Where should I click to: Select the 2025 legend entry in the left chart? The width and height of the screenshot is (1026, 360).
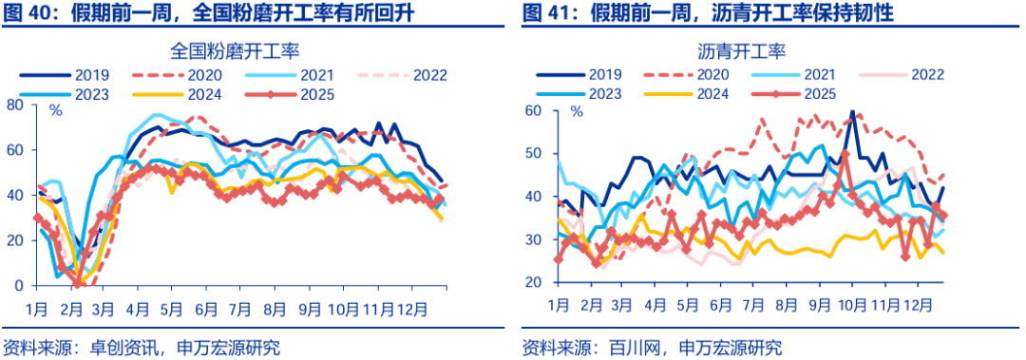tap(311, 93)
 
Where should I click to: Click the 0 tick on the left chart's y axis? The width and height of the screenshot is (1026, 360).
tap(19, 285)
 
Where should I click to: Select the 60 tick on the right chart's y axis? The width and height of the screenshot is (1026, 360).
tap(534, 111)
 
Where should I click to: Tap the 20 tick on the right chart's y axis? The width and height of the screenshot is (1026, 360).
tap(534, 283)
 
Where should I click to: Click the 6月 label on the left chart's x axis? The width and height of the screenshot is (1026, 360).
tap(205, 309)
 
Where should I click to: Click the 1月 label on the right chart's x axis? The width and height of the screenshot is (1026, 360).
tap(558, 307)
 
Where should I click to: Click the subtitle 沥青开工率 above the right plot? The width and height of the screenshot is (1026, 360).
tap(746, 49)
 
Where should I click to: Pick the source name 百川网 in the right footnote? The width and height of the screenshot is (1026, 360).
tap(632, 346)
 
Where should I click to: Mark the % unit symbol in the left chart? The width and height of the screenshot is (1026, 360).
tap(56, 111)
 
